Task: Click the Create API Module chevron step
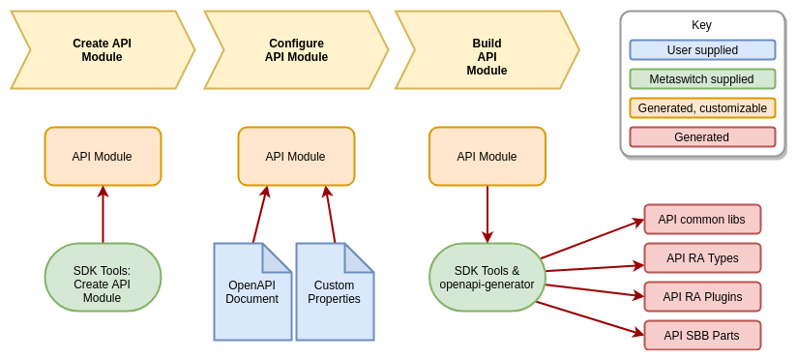coord(103,50)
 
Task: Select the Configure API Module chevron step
coord(296,50)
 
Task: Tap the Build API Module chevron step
coord(487,50)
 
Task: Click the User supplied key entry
coord(702,50)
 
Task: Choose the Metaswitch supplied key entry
coord(702,79)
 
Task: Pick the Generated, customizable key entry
coord(702,108)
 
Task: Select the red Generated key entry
coord(702,137)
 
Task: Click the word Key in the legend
coord(701,25)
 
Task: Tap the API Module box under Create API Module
coord(103,156)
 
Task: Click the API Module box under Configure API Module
coord(296,156)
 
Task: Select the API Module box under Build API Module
coord(487,156)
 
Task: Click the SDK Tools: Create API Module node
coord(103,278)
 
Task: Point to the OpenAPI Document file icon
coord(252,292)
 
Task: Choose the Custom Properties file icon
coord(335,292)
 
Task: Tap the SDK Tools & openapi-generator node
coord(487,278)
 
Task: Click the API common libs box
coord(702,220)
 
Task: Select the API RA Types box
coord(702,258)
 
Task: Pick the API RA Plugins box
coord(702,297)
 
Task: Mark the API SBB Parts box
coord(702,336)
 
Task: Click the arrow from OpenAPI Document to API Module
coord(259,215)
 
